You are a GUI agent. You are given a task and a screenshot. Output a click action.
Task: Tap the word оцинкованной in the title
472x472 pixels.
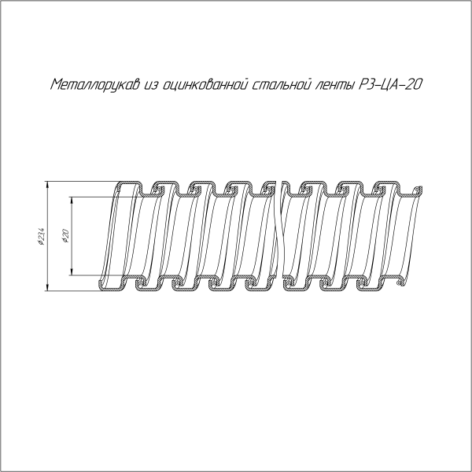[x=205, y=83]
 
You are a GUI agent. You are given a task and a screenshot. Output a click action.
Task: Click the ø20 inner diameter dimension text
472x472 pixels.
[x=67, y=236]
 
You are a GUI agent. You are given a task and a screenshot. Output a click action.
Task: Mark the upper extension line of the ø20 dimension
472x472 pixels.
[x=90, y=197]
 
